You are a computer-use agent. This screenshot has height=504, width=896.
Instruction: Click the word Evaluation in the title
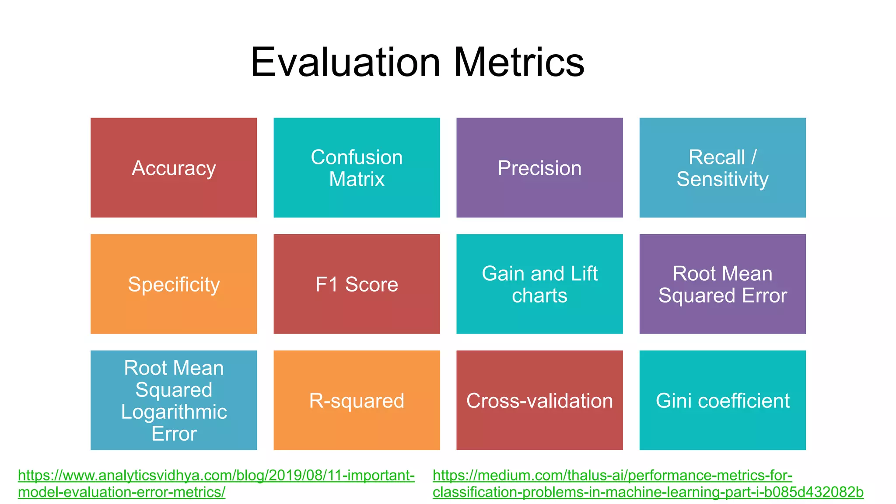point(345,63)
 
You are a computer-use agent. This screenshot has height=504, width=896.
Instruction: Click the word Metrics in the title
point(519,63)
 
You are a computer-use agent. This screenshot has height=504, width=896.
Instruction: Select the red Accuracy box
point(174,168)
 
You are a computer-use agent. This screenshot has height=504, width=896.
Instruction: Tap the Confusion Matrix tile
point(357,168)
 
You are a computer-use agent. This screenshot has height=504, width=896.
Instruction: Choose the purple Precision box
point(539,168)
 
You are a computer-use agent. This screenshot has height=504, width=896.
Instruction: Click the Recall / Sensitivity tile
point(722,168)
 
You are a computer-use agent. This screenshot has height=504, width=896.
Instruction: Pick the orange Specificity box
point(174,284)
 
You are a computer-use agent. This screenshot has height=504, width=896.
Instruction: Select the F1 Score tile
point(357,284)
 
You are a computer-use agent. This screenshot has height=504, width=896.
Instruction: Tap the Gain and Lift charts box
point(539,284)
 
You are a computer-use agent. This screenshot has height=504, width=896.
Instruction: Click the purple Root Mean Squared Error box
point(722,284)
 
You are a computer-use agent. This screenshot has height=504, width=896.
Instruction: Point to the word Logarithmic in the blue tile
point(174,412)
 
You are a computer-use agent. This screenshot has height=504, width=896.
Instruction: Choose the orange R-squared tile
point(357,400)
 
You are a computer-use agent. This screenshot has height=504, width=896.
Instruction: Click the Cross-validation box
point(539,400)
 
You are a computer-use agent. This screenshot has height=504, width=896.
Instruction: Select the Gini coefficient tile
point(722,400)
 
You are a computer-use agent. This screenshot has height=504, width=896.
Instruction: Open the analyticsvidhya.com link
point(216,476)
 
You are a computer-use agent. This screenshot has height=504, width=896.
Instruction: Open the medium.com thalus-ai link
point(612,476)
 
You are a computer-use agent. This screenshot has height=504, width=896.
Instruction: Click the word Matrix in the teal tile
point(357,179)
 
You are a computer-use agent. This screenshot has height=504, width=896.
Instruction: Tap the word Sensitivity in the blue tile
point(722,179)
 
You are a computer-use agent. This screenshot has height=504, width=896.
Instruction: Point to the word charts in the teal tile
point(539,295)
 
